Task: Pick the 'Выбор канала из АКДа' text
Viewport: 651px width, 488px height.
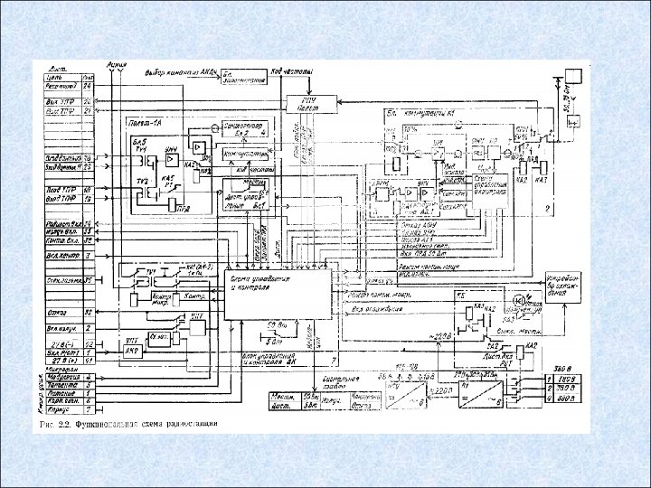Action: coord(180,71)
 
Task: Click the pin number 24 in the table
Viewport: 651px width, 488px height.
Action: coord(88,86)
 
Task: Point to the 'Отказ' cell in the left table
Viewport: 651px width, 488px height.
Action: coord(61,313)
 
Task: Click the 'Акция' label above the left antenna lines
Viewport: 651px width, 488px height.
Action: coord(116,64)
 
